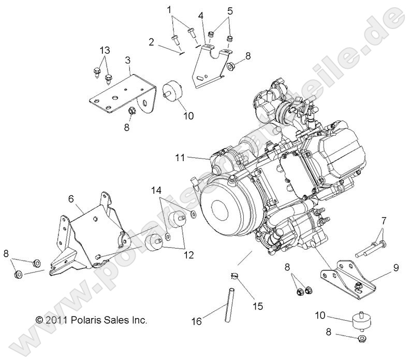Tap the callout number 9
[x=396, y=268]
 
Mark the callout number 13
[x=105, y=50]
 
